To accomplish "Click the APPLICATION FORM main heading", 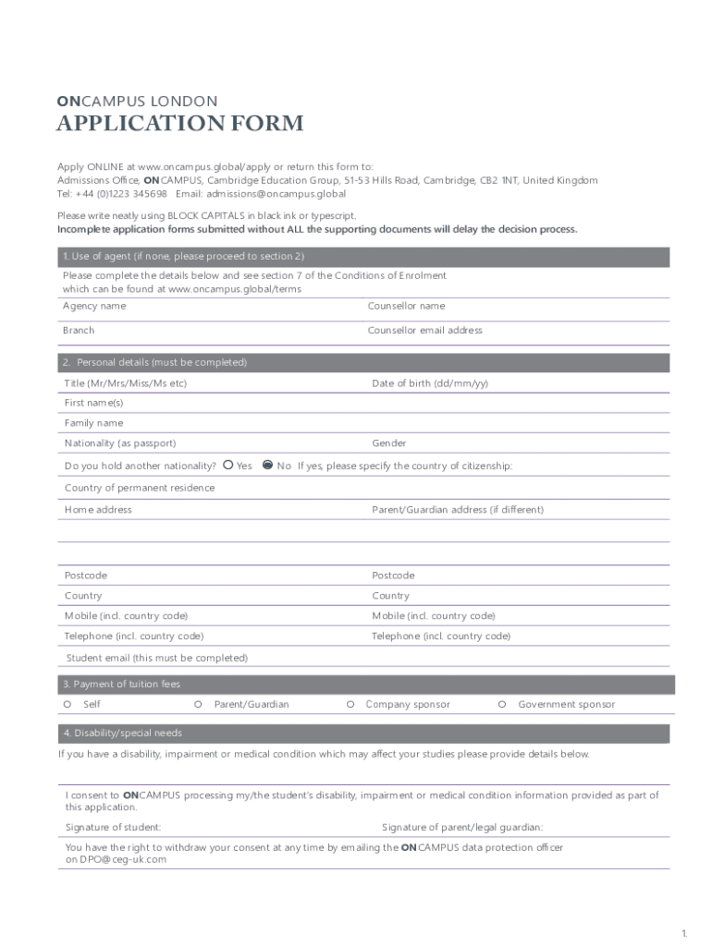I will pos(179,124).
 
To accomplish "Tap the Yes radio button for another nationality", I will pos(227,466).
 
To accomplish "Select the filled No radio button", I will pos(268,466).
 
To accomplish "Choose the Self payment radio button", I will pos(68,704).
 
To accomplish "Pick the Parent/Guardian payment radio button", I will pos(199,704).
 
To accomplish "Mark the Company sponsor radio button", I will pos(351,704).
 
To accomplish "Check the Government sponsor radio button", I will pos(502,704).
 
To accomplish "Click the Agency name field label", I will pos(94,306).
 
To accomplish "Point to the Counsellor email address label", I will pos(424,330).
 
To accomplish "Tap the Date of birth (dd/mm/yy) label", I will pos(430,382).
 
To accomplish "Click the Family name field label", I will pos(93,423).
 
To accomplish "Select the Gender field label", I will pos(388,443).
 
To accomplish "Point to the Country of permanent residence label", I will pos(140,488).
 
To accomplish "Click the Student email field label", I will pos(157,658).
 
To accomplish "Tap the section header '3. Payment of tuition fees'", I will pos(121,685).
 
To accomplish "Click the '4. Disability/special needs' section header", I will pos(122,733).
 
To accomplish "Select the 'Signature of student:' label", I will pos(113,827).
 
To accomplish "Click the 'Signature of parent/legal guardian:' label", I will pos(462,827).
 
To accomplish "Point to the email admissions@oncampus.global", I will pos(276,194).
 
